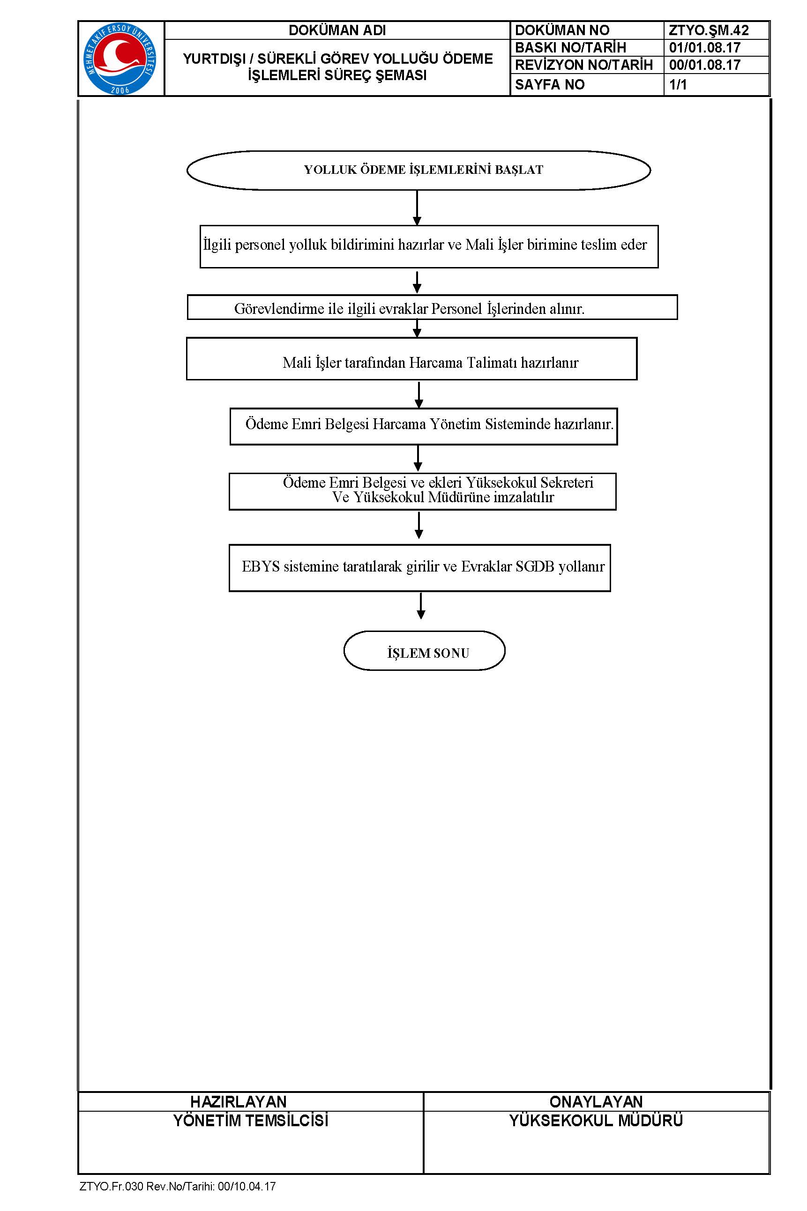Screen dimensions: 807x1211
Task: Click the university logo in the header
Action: click(120, 59)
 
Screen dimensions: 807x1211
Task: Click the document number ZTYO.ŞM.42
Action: click(708, 30)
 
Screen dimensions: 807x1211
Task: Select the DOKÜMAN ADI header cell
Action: click(337, 30)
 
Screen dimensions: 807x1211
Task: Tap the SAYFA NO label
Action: click(550, 84)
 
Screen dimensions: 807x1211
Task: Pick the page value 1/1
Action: click(678, 84)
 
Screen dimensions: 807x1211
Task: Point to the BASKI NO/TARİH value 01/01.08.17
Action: click(704, 48)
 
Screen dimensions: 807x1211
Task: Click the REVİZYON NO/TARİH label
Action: click(583, 65)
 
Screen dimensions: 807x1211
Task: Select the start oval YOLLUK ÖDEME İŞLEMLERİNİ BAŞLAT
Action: click(418, 170)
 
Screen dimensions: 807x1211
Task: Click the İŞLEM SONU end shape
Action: click(424, 650)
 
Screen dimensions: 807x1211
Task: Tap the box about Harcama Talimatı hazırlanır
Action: click(412, 358)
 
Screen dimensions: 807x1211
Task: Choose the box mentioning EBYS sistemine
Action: click(419, 568)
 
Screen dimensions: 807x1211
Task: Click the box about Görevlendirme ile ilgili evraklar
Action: click(432, 307)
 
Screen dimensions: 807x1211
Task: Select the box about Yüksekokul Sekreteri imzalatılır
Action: click(423, 491)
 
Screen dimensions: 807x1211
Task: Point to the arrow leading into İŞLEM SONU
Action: click(421, 605)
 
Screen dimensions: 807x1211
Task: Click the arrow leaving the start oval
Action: click(417, 208)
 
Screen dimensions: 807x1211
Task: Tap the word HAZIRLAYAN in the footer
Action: click(238, 1102)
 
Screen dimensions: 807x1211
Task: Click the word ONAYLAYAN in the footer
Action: click(596, 1102)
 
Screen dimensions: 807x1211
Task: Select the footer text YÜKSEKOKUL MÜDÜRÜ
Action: click(596, 1121)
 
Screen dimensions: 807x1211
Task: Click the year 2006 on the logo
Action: click(120, 90)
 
